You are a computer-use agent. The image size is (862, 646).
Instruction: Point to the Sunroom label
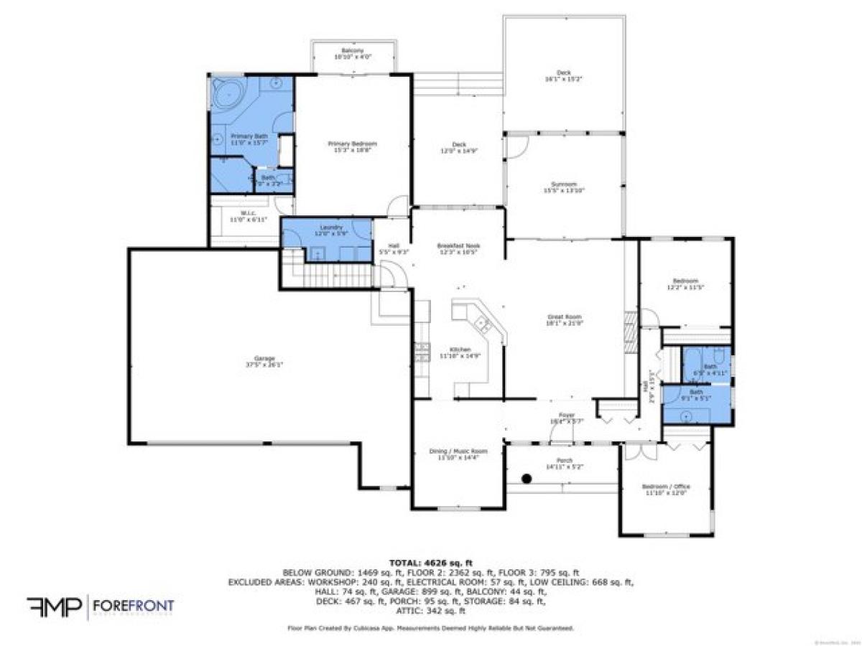[x=565, y=187]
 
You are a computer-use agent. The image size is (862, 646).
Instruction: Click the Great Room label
[x=564, y=319]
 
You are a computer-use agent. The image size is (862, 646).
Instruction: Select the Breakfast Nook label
[x=458, y=249]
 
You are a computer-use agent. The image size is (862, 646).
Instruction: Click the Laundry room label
[x=326, y=230]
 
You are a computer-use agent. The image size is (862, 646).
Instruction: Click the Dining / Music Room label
[x=458, y=454]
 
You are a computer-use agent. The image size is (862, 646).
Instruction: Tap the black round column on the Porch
[x=527, y=478]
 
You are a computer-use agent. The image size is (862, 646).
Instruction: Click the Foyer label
[x=567, y=418]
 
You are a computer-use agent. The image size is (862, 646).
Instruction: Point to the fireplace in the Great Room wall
[x=630, y=330]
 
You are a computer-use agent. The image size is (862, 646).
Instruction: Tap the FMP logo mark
[x=54, y=607]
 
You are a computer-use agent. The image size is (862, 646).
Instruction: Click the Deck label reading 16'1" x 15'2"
[x=564, y=75]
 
